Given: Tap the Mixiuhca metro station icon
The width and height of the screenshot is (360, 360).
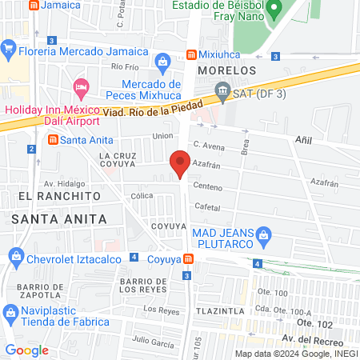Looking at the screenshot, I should coord(192,54).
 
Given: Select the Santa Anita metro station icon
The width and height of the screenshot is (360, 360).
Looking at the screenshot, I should coord(53,139).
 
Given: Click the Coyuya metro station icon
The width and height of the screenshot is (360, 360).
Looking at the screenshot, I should coord(187,258).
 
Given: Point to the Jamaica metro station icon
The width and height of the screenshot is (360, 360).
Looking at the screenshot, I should coord(33,5).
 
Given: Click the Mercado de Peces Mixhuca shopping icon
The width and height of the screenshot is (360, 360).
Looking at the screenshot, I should coord(162,61).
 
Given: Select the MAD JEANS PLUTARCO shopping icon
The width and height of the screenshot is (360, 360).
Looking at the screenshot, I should coord(267,234).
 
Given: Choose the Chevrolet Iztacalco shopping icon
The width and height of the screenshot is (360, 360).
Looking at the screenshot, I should coord(15,256).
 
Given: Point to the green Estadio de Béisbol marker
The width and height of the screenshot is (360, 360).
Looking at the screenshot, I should coord(274,10).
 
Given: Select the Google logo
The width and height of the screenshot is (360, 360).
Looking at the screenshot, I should coord(27,350).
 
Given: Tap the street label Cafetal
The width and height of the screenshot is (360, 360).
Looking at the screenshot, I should coord(208,206).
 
